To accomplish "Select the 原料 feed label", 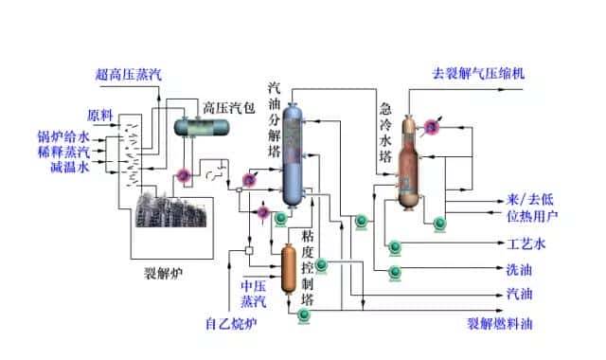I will pyautogui.click(x=101, y=115).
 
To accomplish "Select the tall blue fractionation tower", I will pyautogui.click(x=294, y=152).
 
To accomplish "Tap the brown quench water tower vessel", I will pyautogui.click(x=410, y=163).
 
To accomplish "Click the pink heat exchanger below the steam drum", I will pyautogui.click(x=185, y=174).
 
